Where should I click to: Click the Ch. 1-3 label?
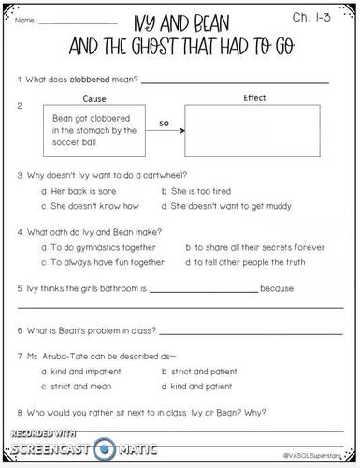point(316,17)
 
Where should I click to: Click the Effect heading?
point(253,97)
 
